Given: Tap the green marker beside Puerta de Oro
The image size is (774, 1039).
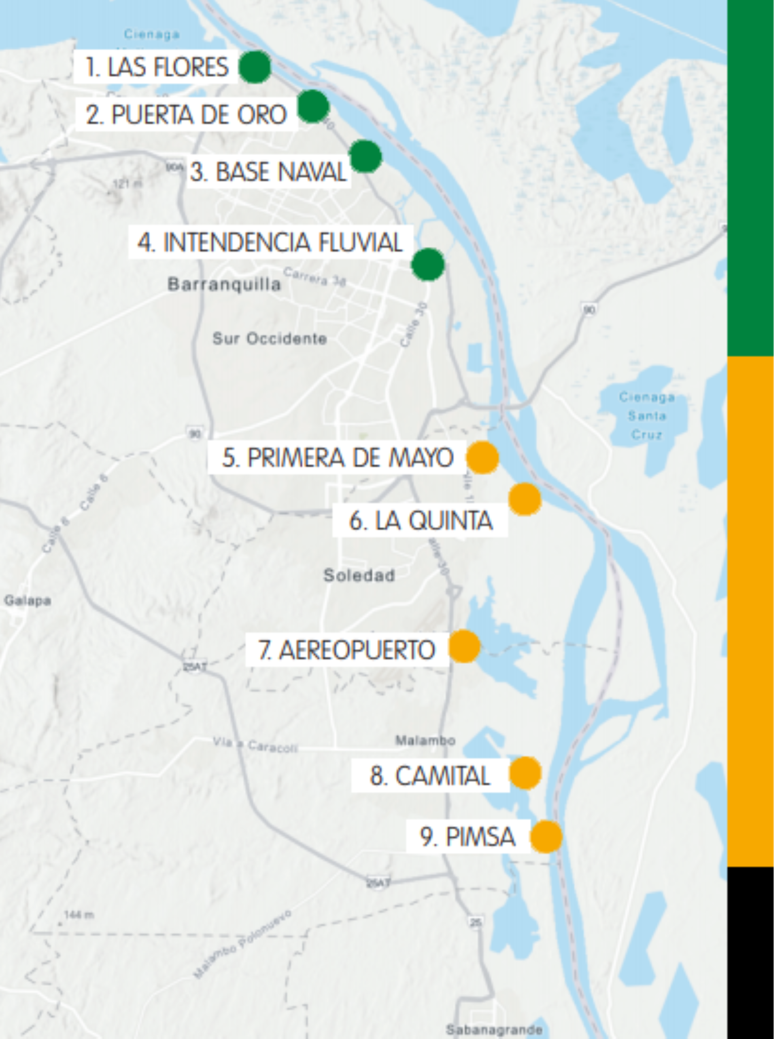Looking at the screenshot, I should click(313, 106).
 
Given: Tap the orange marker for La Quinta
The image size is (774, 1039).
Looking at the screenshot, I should click(525, 499).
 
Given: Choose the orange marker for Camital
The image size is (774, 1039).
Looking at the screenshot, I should click(525, 773).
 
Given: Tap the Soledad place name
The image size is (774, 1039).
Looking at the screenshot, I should click(359, 575).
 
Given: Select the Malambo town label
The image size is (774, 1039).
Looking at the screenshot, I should click(425, 740).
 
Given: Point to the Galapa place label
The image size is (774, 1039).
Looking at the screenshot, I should click(27, 600).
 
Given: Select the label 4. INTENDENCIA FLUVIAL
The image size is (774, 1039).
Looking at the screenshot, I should click(270, 242).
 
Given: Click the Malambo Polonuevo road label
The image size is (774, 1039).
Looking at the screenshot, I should click(243, 943).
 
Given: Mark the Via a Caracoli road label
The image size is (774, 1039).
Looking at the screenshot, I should click(255, 744).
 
